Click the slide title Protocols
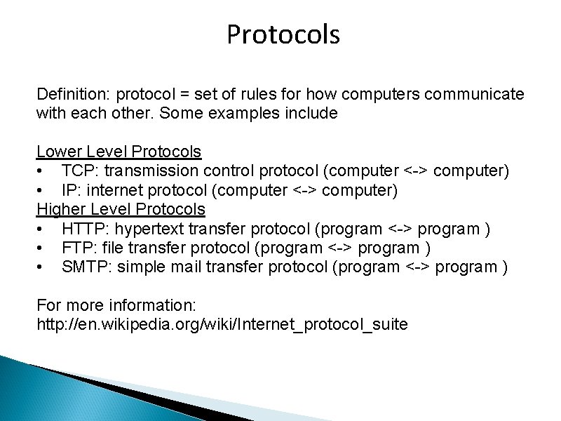[283, 34]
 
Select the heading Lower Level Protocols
[119, 152]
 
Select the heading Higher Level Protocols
[121, 209]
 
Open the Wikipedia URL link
[222, 325]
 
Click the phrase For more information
[116, 306]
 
